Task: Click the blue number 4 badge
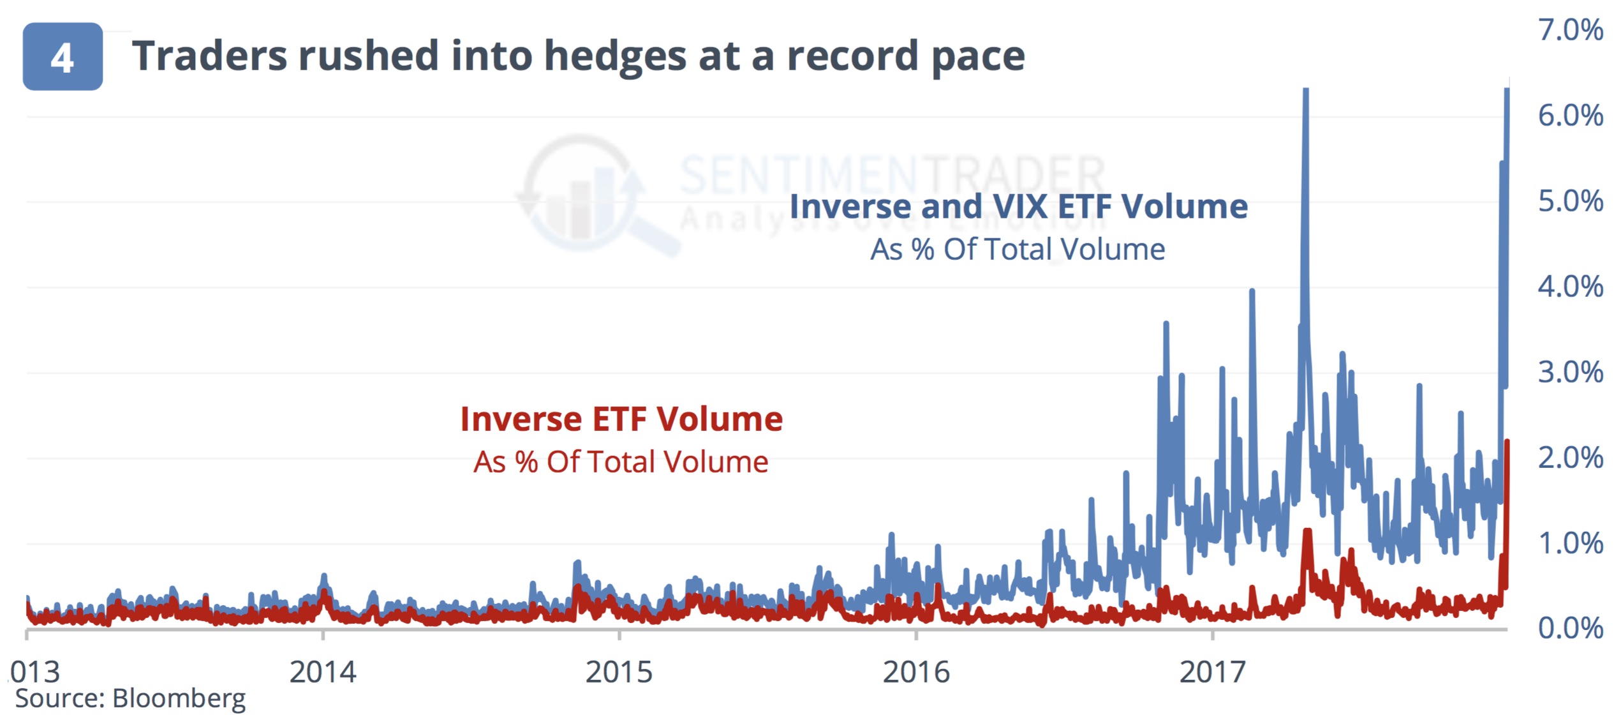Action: coord(63,57)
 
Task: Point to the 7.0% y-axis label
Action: coord(1570,30)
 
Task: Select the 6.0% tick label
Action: coord(1570,116)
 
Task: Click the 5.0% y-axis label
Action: coord(1570,201)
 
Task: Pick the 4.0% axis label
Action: coord(1570,287)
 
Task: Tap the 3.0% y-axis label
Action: coord(1570,372)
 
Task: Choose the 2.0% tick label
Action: coord(1570,458)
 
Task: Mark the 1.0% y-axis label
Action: coord(1570,543)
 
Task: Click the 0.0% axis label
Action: coord(1570,628)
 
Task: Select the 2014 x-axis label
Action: coord(323,672)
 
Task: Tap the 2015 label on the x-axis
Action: coord(619,672)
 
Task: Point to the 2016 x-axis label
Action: coord(916,672)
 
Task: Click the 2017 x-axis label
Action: coord(1212,672)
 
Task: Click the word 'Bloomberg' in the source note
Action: coord(179,698)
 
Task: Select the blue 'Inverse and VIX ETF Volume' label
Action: coord(1018,206)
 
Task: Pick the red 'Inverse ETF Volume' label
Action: coord(621,419)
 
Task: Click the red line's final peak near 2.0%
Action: coord(1506,442)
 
